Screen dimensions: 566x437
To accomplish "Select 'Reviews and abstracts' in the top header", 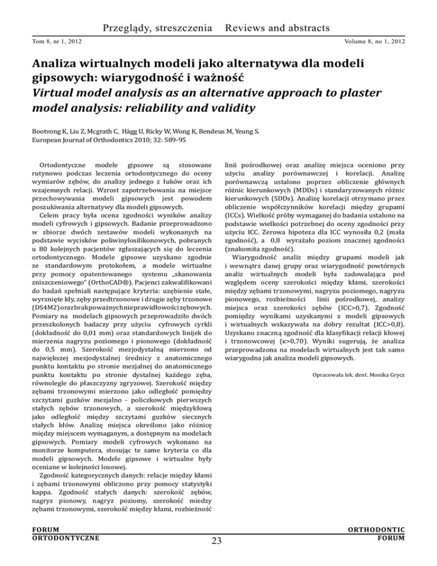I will click(x=277, y=28).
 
